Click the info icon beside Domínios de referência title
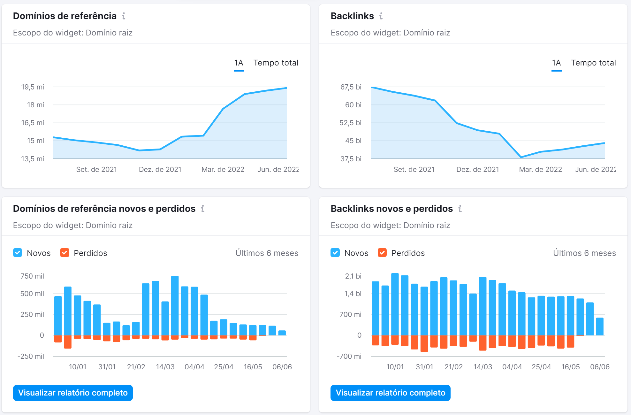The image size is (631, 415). (124, 16)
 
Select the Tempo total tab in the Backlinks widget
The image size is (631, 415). (593, 63)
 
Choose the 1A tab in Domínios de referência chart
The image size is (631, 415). (239, 63)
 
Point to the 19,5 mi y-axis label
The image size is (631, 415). (33, 87)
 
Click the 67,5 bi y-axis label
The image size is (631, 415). (351, 87)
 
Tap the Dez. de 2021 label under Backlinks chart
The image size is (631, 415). (477, 170)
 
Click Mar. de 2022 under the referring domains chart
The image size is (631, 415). (223, 170)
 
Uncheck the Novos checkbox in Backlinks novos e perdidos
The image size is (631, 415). (335, 253)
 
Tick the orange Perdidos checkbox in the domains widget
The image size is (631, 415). (65, 253)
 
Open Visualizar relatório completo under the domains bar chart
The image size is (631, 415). (73, 393)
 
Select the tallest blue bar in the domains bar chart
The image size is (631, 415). (175, 305)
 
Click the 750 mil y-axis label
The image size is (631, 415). (32, 276)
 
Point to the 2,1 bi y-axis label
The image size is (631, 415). (353, 276)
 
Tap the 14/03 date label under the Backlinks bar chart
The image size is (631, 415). (483, 367)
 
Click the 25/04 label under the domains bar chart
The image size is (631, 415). (224, 367)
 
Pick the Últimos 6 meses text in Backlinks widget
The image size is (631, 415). (584, 253)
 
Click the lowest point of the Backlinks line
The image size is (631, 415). (521, 157)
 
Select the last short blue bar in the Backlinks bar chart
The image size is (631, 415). (600, 327)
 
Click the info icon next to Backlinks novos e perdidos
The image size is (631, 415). (460, 209)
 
